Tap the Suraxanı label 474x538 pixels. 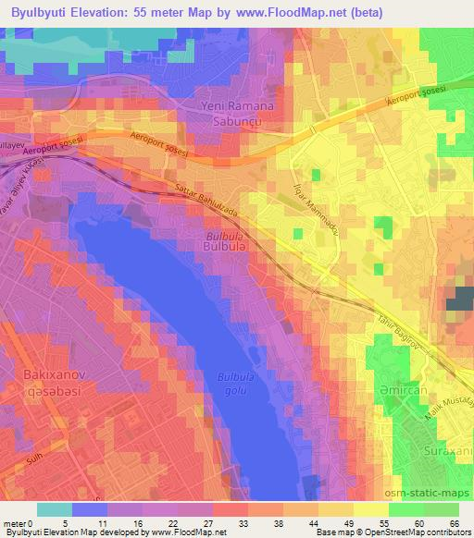point(449,454)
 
